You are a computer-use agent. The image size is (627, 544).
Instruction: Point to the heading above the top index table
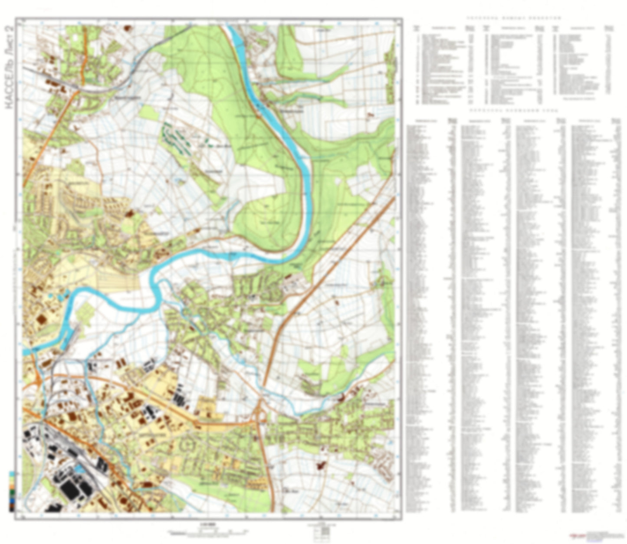pyautogui.click(x=514, y=18)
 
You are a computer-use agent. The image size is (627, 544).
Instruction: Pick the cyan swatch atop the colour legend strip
pyautogui.click(x=11, y=474)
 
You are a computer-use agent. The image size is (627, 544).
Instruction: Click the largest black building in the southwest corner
pyautogui.click(x=69, y=491)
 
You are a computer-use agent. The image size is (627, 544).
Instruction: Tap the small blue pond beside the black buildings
pyautogui.click(x=81, y=469)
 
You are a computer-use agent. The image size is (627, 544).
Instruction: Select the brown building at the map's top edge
pyautogui.click(x=127, y=28)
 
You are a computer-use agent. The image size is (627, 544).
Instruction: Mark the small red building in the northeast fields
pyautogui.click(x=370, y=115)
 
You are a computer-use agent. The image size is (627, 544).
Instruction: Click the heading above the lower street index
pyautogui.click(x=514, y=111)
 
